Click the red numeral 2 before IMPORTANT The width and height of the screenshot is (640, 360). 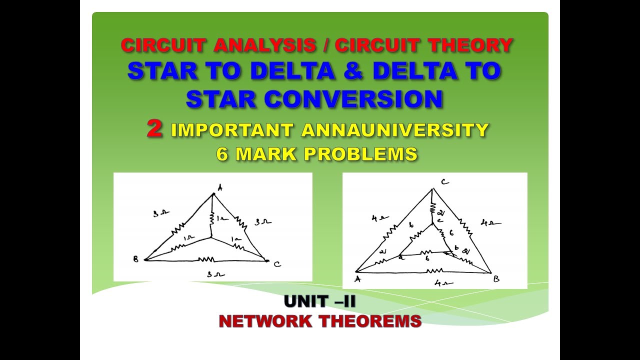pos(155,129)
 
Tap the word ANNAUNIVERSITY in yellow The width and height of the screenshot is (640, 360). pos(395,130)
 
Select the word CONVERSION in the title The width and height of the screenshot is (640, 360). pos(354,99)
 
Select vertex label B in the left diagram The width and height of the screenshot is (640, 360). pos(135,258)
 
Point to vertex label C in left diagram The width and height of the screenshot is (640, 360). pos(278,263)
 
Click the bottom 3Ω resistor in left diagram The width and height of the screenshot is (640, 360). pos(206,259)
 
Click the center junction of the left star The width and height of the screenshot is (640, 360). pos(212,238)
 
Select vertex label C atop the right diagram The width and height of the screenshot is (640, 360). pos(444,182)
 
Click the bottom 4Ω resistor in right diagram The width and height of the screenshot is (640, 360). pos(428,271)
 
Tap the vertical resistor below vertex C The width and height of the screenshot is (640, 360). pos(432,206)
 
